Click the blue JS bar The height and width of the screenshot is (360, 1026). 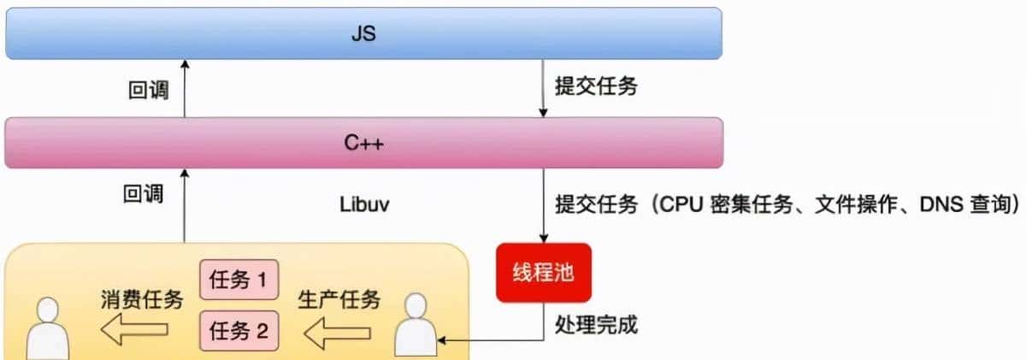click(x=363, y=35)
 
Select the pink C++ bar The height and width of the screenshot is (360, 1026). click(x=363, y=143)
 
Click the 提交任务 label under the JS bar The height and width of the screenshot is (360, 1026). click(x=596, y=88)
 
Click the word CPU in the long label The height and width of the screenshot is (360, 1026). click(x=680, y=205)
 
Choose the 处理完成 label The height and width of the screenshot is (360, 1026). click(x=596, y=326)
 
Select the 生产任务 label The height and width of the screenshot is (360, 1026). click(x=339, y=300)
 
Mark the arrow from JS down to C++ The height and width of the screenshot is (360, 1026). click(x=542, y=90)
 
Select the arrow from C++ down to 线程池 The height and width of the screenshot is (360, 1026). click(x=542, y=205)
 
